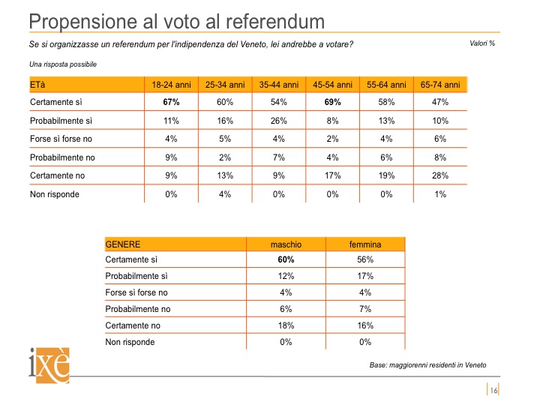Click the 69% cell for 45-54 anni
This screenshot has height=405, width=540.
point(332,102)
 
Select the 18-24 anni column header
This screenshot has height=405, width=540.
point(171,85)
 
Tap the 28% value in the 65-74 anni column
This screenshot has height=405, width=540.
point(440,175)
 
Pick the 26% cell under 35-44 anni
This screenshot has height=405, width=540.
point(278,121)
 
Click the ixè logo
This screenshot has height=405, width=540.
point(49,365)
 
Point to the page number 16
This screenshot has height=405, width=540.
point(493,390)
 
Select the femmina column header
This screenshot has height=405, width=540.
point(365,244)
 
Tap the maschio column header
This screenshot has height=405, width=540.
point(286,244)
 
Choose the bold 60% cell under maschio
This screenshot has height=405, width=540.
point(286,259)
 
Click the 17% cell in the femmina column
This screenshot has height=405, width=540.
point(365,276)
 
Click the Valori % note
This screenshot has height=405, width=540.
point(482,43)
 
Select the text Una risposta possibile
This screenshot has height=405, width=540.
point(63,64)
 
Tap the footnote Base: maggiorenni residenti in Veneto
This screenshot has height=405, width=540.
point(427,365)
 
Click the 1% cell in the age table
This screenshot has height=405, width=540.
point(440,194)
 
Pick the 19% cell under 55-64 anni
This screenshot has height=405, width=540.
point(386,175)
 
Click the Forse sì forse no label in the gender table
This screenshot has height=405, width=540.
point(136,292)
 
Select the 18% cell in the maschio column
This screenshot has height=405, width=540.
point(286,325)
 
